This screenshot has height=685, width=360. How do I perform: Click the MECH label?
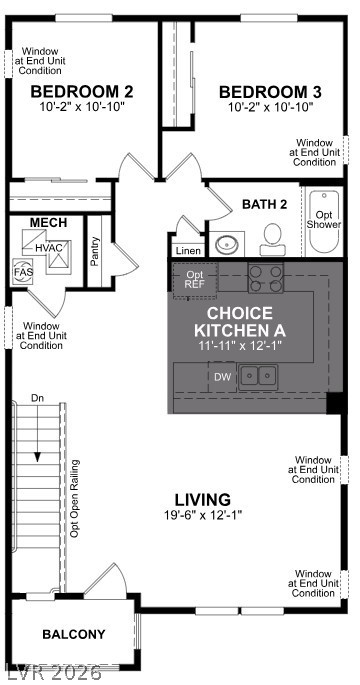47,222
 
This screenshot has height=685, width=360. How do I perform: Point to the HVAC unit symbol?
48,247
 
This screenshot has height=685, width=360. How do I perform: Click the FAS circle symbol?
22,271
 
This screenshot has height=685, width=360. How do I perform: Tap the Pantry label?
95,251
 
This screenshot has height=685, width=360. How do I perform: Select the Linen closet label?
187,250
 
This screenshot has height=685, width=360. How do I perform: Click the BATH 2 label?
264,204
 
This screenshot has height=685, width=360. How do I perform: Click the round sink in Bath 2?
227,243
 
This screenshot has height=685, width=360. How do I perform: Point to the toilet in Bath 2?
272,238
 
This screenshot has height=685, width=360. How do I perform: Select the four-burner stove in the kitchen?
265,277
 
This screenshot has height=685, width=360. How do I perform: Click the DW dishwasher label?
223,376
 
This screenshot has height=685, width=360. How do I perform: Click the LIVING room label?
203,499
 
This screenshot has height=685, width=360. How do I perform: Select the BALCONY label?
73,634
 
